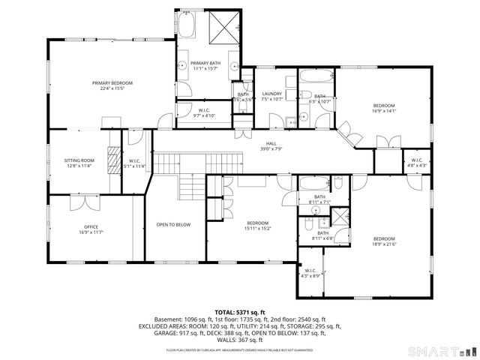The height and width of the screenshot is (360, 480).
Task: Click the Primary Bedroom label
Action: [x=112, y=82]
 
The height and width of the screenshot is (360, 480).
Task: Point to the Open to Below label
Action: [x=173, y=224]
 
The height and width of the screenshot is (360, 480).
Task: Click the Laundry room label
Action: [x=271, y=94]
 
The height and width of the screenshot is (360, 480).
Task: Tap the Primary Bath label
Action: [x=205, y=63]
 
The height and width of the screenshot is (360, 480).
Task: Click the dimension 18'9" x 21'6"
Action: [x=383, y=244]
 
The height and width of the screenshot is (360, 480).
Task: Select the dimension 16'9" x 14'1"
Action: [x=383, y=110]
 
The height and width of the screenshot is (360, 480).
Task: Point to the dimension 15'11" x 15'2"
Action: [x=258, y=229]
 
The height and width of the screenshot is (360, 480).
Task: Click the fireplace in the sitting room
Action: [x=113, y=160]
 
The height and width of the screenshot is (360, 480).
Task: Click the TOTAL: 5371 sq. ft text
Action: [x=240, y=312]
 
